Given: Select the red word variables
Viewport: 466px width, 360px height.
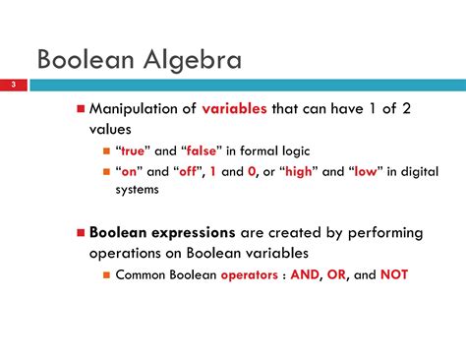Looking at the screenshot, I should click(x=234, y=108).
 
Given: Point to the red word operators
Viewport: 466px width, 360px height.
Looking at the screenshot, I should click(x=259, y=275).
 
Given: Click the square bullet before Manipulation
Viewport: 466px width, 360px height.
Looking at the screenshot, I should click(x=82, y=108).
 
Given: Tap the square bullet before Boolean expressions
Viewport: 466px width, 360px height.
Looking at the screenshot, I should click(x=82, y=234).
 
